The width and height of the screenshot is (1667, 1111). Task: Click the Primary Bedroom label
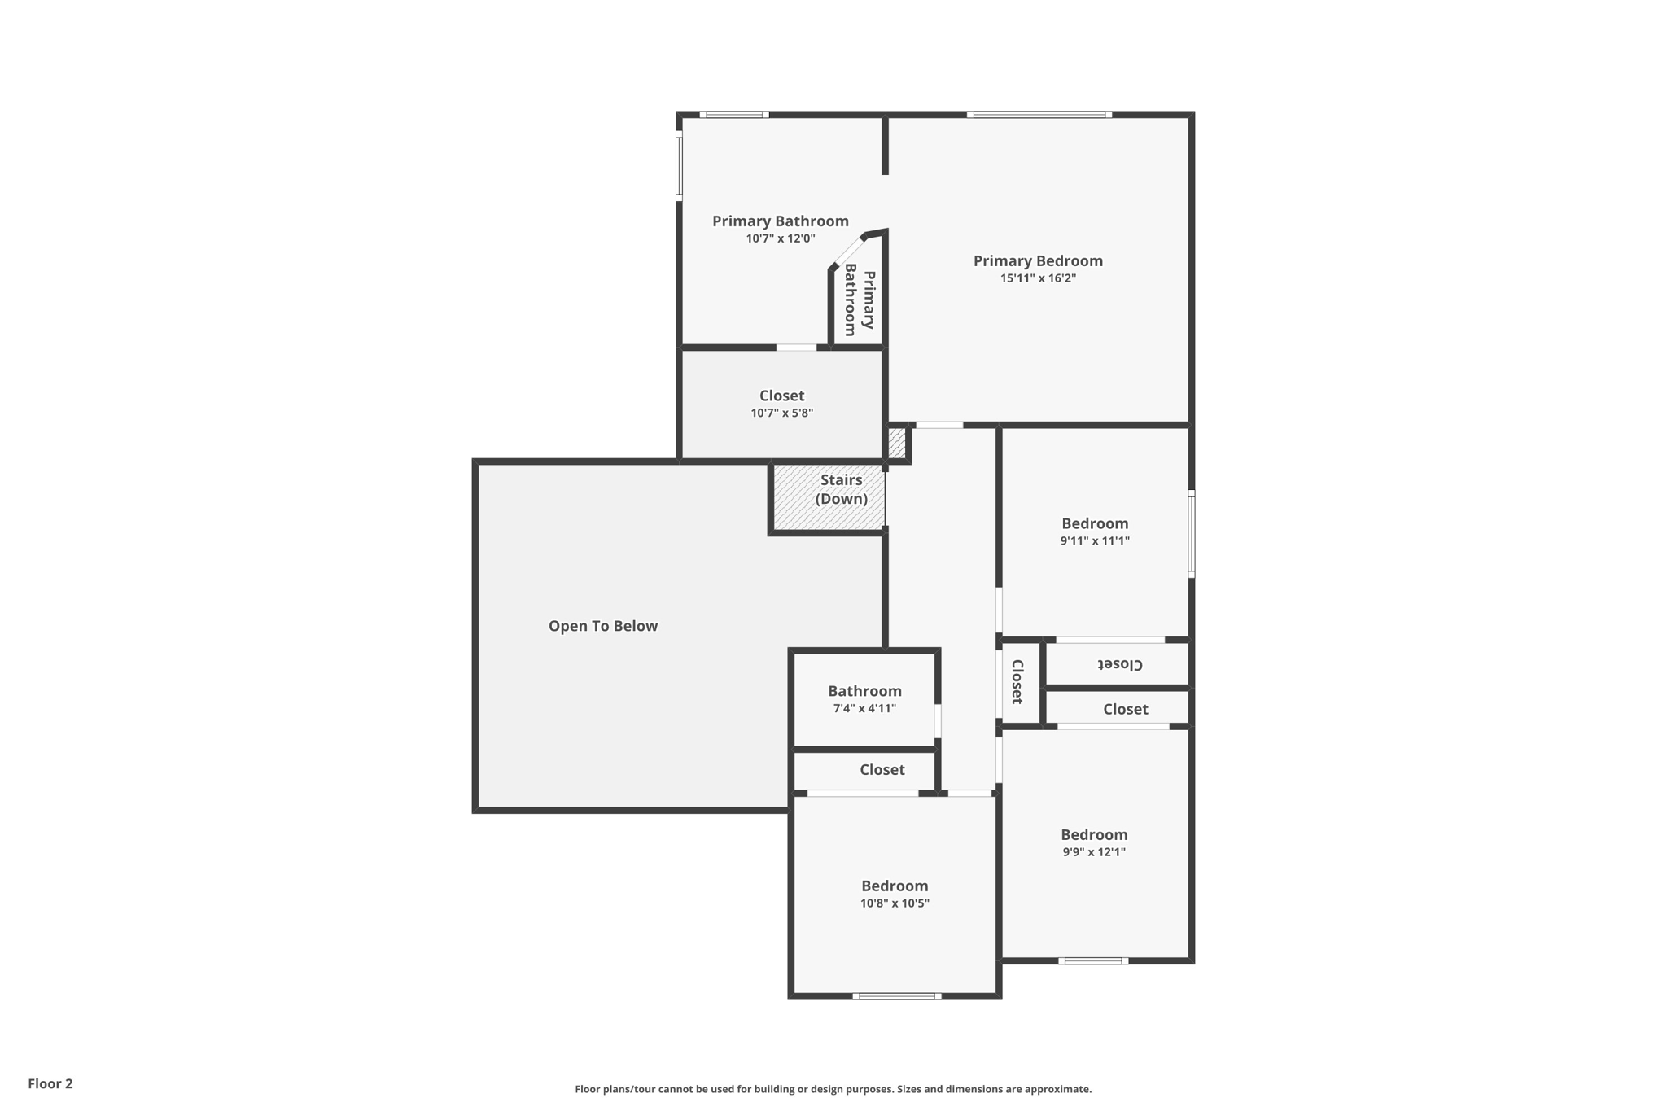[x=1038, y=260]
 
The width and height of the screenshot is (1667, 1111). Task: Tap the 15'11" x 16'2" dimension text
[x=1038, y=278]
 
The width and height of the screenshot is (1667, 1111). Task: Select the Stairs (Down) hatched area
[x=829, y=498]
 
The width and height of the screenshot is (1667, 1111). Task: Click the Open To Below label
[x=602, y=626]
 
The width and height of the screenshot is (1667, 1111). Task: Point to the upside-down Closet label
[x=1121, y=664]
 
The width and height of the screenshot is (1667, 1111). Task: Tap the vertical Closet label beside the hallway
[x=1017, y=682]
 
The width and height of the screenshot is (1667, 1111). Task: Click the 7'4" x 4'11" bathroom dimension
[x=864, y=709]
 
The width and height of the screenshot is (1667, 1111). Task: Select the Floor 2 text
[x=50, y=1083]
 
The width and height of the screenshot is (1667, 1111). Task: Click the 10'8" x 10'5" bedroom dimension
[x=895, y=903]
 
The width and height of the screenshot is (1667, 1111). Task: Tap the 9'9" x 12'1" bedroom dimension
[x=1094, y=852]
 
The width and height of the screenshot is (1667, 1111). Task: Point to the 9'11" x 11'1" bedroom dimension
[x=1095, y=541]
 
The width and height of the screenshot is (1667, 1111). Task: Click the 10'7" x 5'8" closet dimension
[x=781, y=413]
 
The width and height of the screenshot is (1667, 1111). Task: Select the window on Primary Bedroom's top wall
[x=1039, y=115]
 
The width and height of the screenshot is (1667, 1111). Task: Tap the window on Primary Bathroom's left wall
[x=679, y=166]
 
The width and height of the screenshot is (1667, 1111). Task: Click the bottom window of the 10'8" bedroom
[x=897, y=996]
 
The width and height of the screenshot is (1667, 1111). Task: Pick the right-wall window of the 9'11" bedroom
[x=1191, y=534]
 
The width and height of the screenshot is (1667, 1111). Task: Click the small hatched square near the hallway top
[x=896, y=444]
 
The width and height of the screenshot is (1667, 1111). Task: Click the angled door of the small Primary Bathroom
[x=848, y=250]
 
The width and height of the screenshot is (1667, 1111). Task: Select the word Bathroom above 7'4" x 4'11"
[x=864, y=691]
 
